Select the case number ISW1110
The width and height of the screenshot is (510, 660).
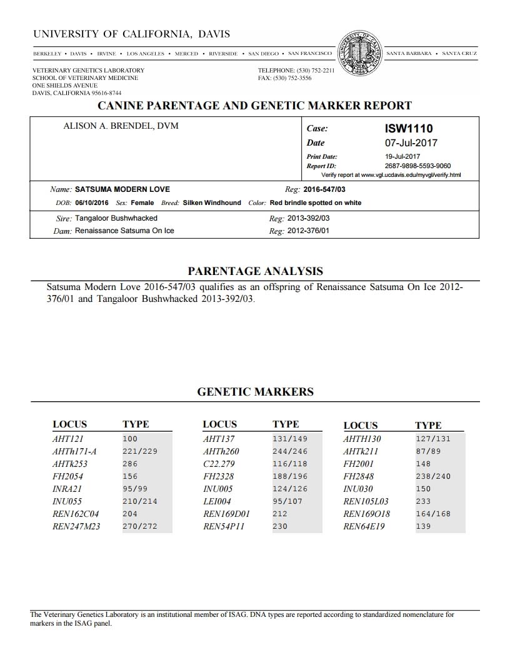coord(409,129)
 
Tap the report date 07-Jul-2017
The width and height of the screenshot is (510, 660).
coord(411,143)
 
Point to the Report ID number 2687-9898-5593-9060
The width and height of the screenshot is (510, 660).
coord(418,166)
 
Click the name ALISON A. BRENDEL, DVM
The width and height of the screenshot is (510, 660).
coord(121,126)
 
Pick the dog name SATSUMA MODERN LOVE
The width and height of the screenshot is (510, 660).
coord(122,189)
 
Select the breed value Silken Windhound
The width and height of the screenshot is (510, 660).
coord(211,203)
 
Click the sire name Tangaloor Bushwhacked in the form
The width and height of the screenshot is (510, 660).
coord(116,219)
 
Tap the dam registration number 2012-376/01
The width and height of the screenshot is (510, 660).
coord(308,231)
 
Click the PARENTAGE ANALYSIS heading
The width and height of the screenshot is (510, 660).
coord(255,271)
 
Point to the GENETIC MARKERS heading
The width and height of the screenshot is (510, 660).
coord(255,392)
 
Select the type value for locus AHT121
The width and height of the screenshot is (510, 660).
coord(130,439)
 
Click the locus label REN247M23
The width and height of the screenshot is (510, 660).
coord(76,526)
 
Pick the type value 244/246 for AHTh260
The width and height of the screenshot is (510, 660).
coord(290,451)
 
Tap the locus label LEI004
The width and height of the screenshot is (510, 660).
coord(217,501)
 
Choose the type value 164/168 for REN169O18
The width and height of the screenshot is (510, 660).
coord(432,514)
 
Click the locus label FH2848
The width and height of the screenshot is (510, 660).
coord(359,476)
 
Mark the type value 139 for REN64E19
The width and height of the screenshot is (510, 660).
coord(423,526)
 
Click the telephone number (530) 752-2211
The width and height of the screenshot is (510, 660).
coord(315,71)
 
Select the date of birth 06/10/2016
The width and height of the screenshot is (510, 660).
coord(92,203)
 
